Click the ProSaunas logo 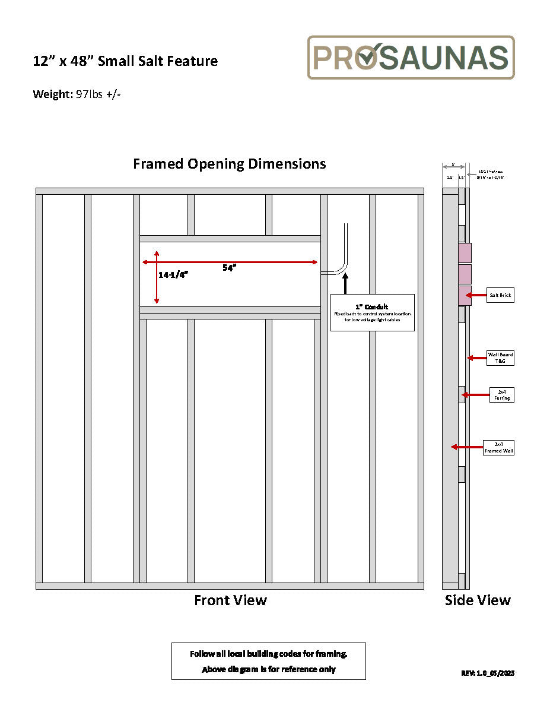click(411, 57)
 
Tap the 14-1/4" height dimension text click(173, 275)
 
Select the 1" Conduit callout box click(372, 312)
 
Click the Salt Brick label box click(500, 295)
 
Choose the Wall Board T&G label click(500, 357)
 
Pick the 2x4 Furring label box click(501, 395)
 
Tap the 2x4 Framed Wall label click(499, 447)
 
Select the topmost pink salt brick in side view click(465, 252)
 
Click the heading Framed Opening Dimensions click(229, 164)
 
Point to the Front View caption click(230, 600)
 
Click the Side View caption click(478, 600)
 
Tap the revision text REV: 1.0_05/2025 click(488, 673)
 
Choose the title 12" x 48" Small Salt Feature click(125, 61)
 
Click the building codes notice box click(268, 661)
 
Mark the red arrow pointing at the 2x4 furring click(475, 394)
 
